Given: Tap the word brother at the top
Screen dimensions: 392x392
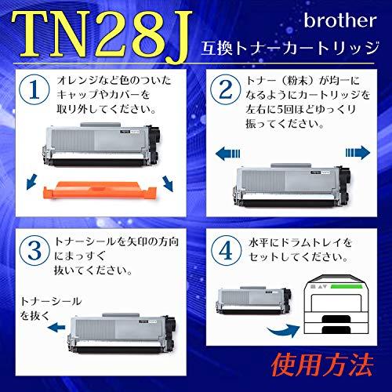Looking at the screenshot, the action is [x=340, y=20].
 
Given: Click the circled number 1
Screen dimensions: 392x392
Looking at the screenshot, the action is [x=34, y=90].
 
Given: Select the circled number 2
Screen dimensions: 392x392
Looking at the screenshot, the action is [x=226, y=90].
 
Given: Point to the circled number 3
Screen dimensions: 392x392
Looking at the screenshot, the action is [x=34, y=250].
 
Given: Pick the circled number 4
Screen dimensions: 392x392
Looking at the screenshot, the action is [x=226, y=250].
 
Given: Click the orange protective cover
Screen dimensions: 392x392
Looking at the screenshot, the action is [x=100, y=191].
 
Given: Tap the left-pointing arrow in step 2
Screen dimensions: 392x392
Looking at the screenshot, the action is [x=227, y=153].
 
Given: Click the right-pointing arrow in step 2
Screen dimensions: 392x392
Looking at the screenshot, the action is [x=358, y=152].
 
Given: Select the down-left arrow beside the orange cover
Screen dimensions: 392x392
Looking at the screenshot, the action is [x=32, y=182].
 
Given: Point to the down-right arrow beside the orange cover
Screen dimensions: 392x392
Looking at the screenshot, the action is [x=168, y=183].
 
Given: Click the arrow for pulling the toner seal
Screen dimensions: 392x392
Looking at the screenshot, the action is [x=56, y=327].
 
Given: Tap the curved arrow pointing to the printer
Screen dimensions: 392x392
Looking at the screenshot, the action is [x=284, y=331].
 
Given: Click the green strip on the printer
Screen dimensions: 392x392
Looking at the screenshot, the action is [x=347, y=286].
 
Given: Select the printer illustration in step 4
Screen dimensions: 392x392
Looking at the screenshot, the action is [x=336, y=305].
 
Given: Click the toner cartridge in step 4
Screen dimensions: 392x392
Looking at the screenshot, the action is [x=253, y=300].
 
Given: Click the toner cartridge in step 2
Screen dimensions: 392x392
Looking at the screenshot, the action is [x=292, y=185].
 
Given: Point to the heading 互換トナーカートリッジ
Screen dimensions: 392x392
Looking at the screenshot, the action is [x=289, y=49].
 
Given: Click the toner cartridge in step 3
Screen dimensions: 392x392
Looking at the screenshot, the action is [x=122, y=334].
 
